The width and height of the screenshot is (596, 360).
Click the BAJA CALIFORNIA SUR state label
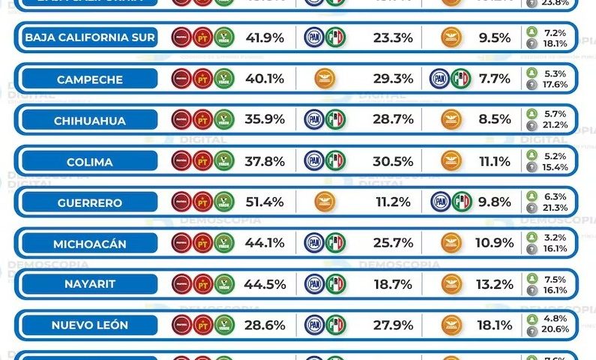[89, 37]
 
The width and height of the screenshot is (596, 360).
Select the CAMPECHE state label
[89, 79]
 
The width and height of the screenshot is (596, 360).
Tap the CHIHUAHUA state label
[89, 120]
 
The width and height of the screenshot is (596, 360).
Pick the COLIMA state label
[89, 161]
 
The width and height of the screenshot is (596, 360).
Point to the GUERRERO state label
[89, 202]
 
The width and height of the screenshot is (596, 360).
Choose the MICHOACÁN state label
[89, 243]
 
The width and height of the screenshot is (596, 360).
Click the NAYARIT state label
[89, 284]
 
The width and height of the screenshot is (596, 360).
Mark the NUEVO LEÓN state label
[89, 325]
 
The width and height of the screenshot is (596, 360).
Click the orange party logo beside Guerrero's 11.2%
[324, 202]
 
